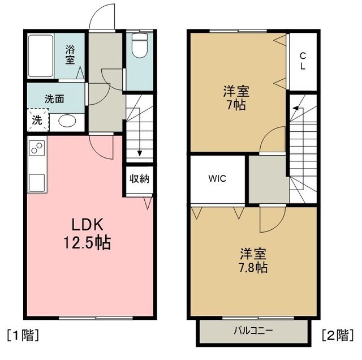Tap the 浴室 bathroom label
[70, 54]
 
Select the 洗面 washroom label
[54, 98]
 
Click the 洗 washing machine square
[37, 119]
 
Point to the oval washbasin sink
[68, 121]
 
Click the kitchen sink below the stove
[37, 182]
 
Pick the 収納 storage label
[139, 180]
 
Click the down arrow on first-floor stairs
[139, 152]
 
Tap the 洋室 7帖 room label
[236, 97]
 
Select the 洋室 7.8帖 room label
[252, 260]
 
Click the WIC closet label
[217, 179]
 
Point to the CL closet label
[303, 61]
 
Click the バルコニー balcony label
[254, 330]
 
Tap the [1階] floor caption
[23, 334]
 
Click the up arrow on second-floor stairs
[295, 111]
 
